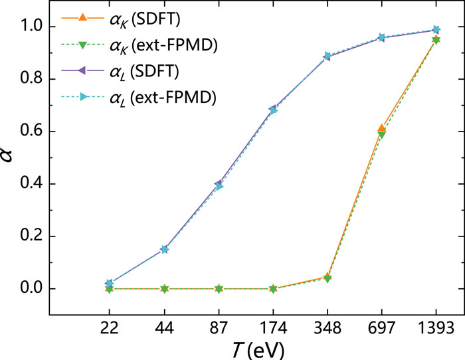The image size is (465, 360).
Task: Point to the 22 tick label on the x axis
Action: point(110,328)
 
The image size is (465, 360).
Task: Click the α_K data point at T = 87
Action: point(219,289)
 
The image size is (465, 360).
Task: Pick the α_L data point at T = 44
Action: point(164,249)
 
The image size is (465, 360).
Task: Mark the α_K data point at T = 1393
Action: point(436,40)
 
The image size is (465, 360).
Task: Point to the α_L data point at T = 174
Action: point(273,110)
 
